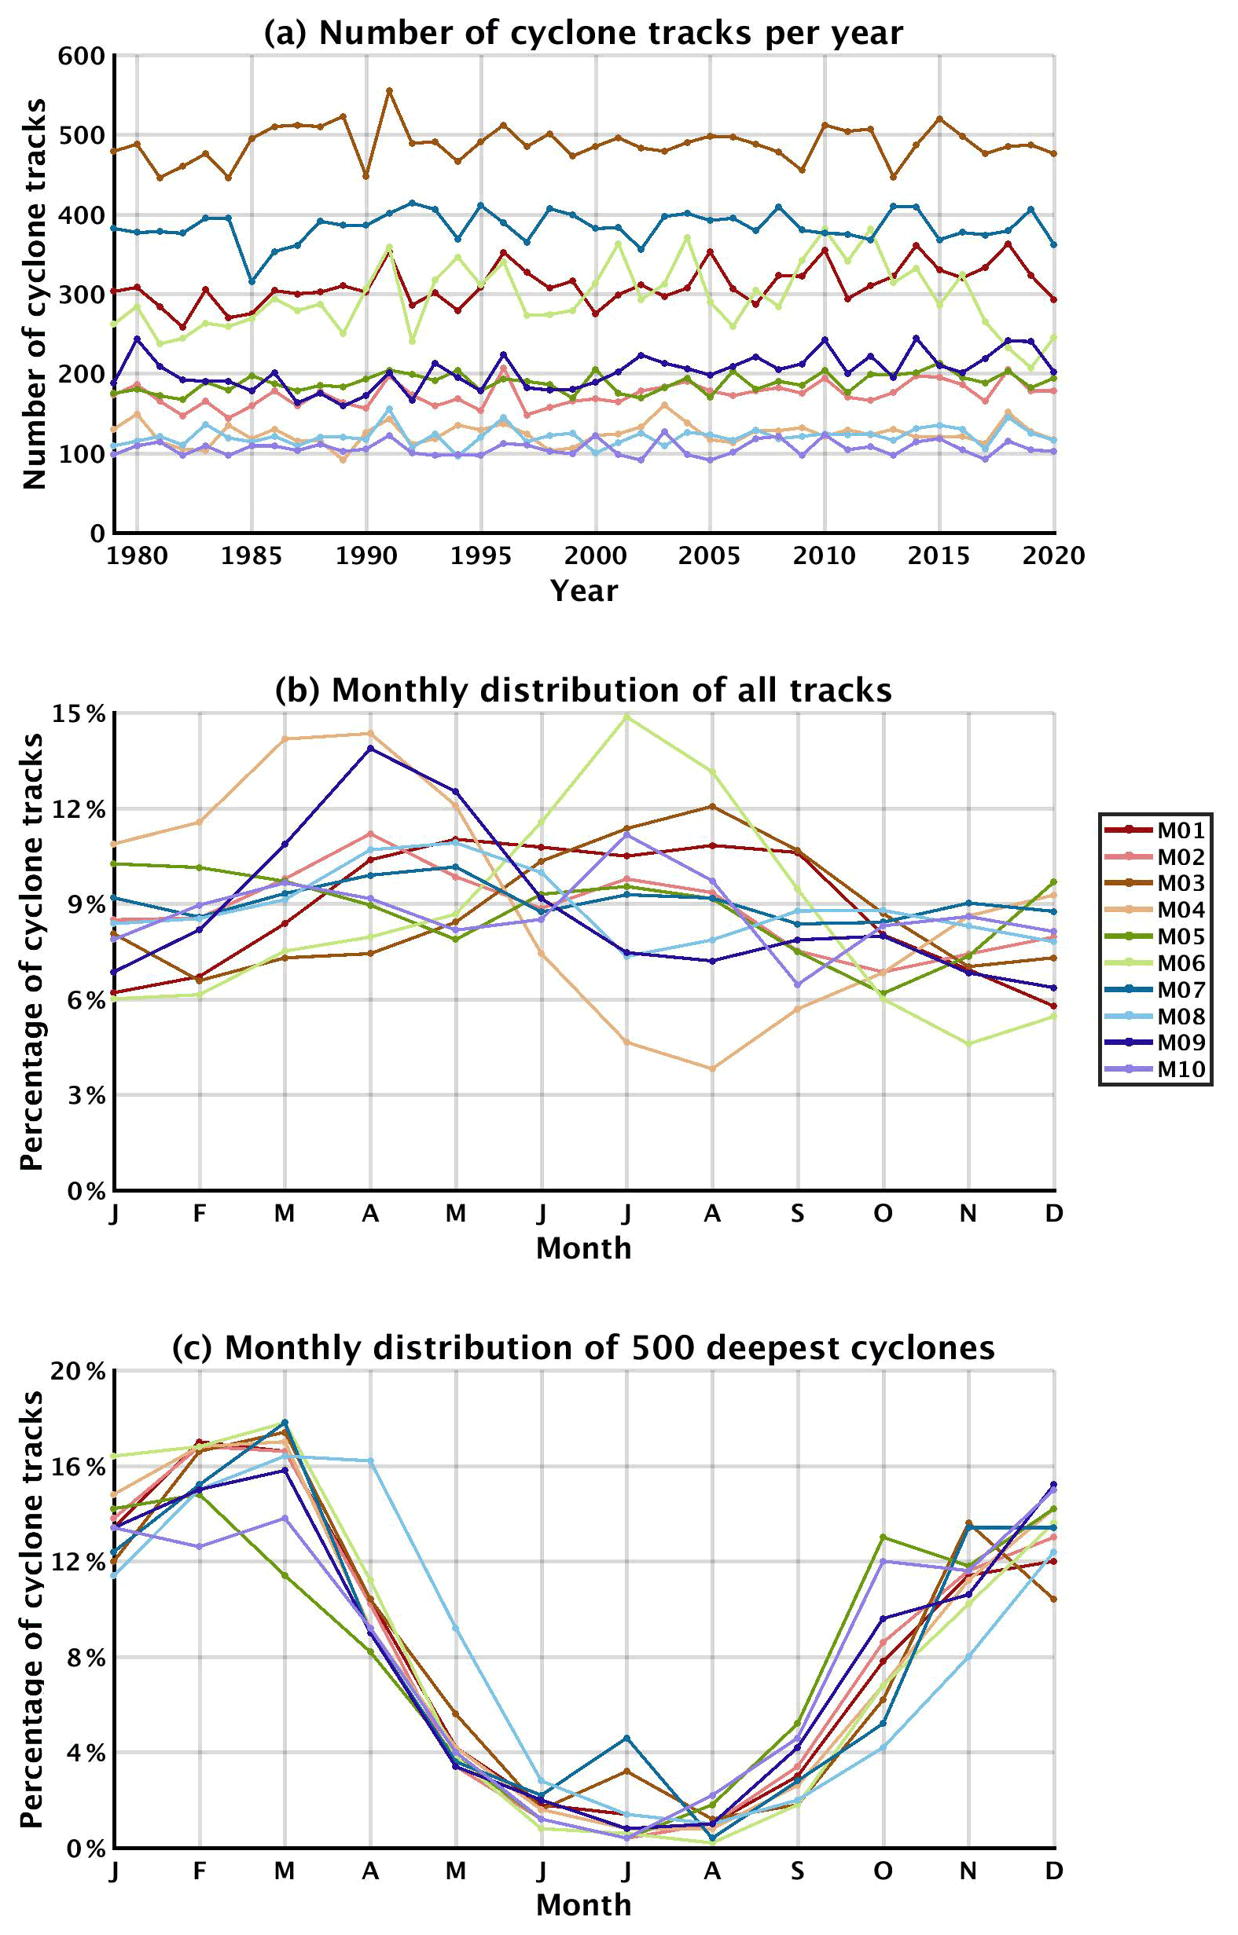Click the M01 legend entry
[1156, 830]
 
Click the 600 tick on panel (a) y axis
[82, 56]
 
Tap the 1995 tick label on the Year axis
[481, 556]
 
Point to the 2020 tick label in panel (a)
[1053, 556]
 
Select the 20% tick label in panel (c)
[79, 1372]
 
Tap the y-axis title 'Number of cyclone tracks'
[34, 293]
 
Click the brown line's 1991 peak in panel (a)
[389, 91]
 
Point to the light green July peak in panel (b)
[627, 716]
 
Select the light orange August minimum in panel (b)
[712, 1068]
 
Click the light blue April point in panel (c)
[370, 1461]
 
